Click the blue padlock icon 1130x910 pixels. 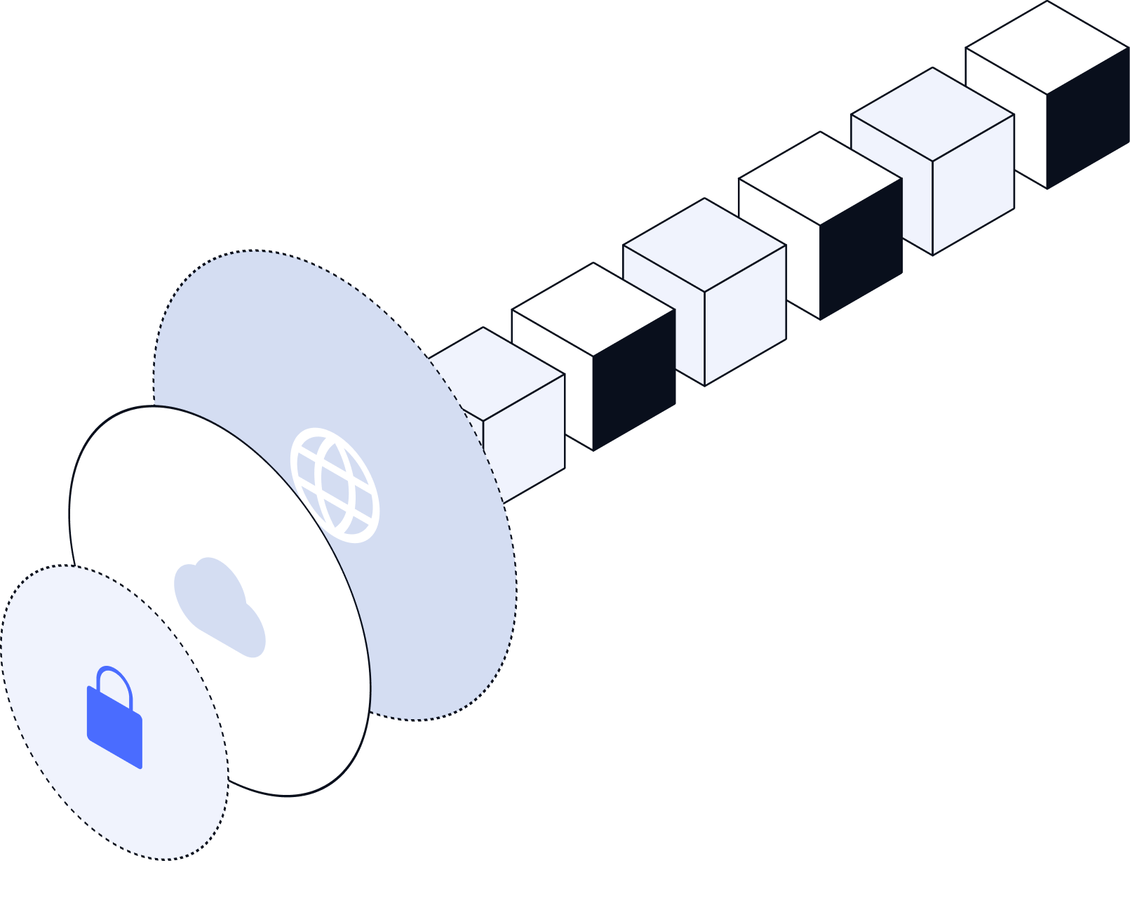coord(114,726)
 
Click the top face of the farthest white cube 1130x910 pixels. coord(1047,48)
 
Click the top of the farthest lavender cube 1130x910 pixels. coord(933,114)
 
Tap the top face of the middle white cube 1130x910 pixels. coord(820,179)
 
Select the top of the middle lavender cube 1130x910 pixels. coord(705,246)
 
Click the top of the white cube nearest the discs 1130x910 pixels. coord(593,309)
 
